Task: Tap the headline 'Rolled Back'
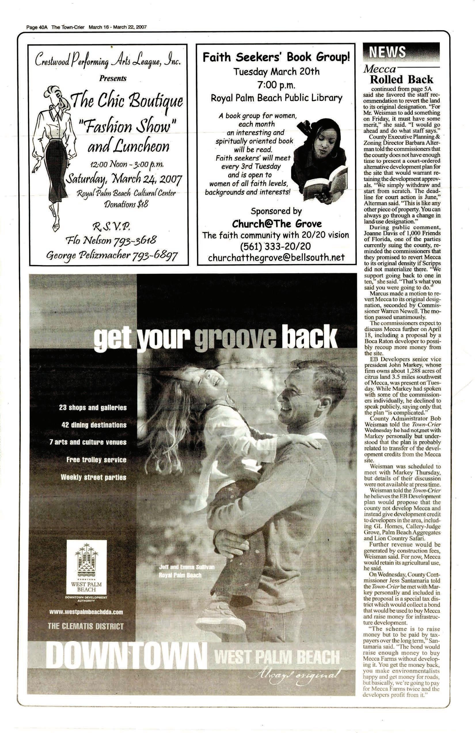[x=401, y=79]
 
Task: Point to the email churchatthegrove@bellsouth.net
[x=276, y=258]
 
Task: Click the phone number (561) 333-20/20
[x=275, y=246]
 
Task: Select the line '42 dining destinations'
[x=94, y=425]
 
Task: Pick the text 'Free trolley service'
[x=96, y=460]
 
